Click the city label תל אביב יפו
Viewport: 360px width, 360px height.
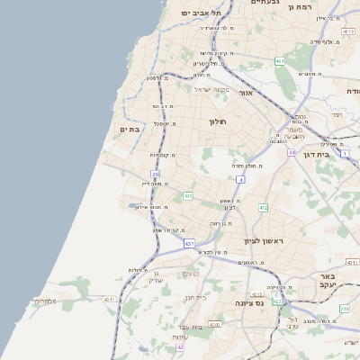click(x=195, y=13)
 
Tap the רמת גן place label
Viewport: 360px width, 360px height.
click(x=319, y=6)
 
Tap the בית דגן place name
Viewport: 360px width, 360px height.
click(x=337, y=155)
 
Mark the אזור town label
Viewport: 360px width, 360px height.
click(x=245, y=93)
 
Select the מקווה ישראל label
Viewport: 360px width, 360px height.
click(x=212, y=89)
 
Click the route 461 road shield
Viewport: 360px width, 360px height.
click(x=280, y=61)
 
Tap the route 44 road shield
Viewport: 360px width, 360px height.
click(x=292, y=153)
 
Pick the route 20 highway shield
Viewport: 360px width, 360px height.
click(x=155, y=174)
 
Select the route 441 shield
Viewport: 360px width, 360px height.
click(x=188, y=195)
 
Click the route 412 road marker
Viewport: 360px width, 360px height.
click(x=263, y=208)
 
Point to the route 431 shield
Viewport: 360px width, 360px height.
click(x=189, y=243)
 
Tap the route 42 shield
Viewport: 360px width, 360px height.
click(x=180, y=346)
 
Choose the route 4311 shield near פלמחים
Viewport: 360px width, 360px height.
click(x=110, y=299)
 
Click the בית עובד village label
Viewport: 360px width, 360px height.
click(x=188, y=326)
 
